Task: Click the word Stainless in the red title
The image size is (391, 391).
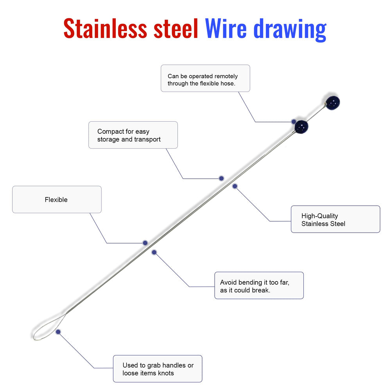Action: [x=105, y=28]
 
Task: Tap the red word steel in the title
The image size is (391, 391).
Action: [x=176, y=28]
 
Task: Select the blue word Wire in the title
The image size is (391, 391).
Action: [x=226, y=28]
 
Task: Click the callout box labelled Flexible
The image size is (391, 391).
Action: [x=57, y=199]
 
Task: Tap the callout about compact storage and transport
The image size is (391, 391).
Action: [x=133, y=135]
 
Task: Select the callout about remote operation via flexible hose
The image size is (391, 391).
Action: [x=206, y=78]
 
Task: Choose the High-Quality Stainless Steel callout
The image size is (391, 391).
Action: [x=335, y=219]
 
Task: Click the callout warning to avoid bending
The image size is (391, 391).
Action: [x=259, y=285]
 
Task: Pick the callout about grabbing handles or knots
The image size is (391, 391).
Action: [x=158, y=369]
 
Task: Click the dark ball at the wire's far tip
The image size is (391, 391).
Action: [x=333, y=103]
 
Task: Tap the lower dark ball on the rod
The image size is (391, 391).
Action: [x=301, y=127]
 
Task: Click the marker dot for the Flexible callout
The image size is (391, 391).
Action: [x=145, y=243]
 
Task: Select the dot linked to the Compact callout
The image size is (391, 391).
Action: [x=221, y=178]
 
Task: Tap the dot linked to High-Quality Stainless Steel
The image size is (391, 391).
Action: [x=235, y=186]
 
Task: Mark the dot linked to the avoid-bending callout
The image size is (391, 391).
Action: [x=154, y=252]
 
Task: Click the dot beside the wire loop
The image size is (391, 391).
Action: [x=58, y=332]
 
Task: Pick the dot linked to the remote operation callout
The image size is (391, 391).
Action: [x=294, y=122]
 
